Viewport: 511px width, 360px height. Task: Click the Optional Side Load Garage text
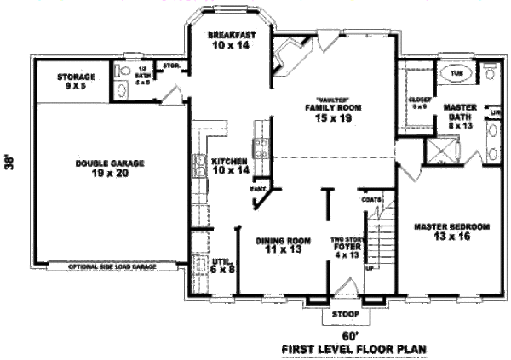112,266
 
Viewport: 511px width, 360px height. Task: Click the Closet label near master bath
420,102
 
